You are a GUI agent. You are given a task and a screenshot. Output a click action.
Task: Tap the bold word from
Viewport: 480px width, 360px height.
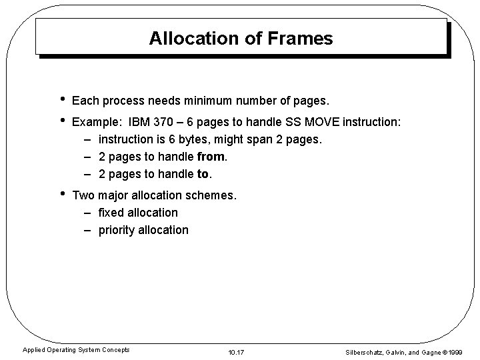point(212,157)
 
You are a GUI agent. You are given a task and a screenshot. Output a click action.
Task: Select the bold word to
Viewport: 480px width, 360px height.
point(203,175)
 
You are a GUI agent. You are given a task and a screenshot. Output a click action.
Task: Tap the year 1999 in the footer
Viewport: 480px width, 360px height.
point(456,351)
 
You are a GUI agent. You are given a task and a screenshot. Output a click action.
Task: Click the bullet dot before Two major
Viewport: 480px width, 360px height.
point(61,195)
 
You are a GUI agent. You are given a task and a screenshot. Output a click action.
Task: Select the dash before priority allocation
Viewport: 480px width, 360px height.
point(88,230)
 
